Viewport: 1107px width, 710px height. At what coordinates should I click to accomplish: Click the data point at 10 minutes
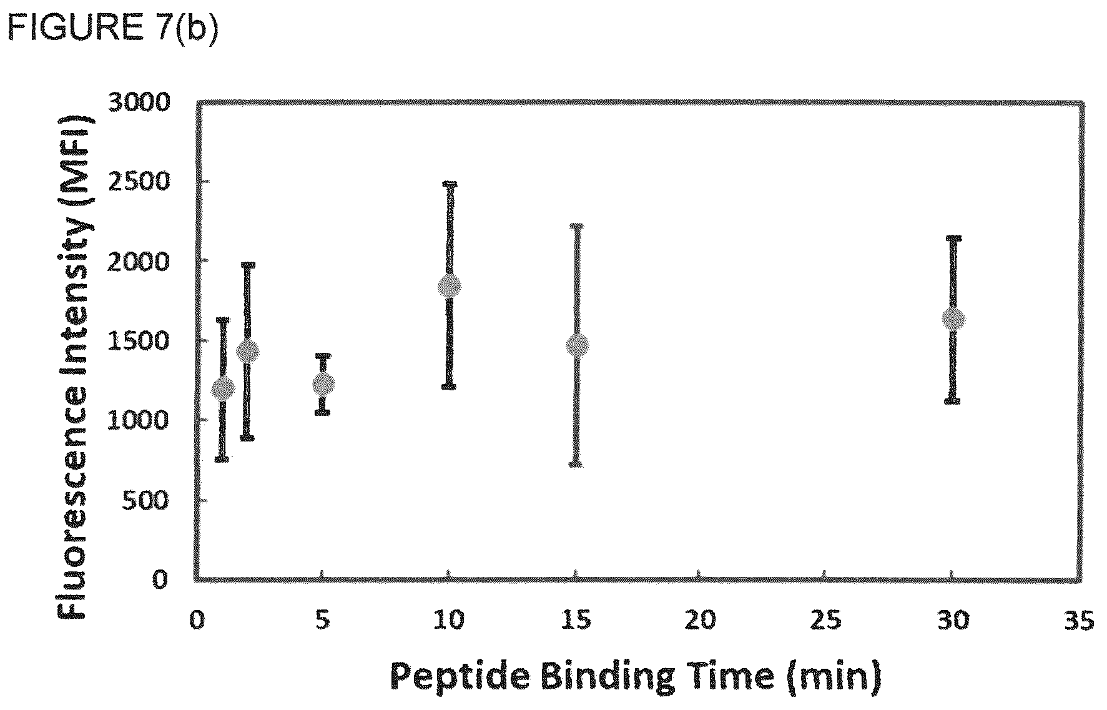450,287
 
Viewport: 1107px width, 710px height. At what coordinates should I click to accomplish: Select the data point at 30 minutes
953,320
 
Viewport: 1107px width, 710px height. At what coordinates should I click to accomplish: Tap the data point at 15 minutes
577,345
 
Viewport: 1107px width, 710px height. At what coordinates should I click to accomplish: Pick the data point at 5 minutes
323,384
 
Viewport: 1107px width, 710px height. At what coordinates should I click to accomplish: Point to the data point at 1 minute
223,389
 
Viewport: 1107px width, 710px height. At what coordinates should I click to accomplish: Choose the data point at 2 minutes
248,352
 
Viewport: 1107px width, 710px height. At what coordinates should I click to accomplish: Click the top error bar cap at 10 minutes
450,184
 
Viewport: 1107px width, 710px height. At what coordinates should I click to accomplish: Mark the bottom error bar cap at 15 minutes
577,464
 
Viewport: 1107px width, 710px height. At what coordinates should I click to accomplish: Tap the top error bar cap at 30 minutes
953,238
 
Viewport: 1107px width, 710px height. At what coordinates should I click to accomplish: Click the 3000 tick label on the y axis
139,102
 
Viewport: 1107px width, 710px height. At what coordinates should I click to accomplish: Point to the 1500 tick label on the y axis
139,341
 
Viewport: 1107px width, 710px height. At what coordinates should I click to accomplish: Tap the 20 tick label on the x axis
700,622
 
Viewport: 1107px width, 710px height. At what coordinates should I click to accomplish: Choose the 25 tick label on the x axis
826,622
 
